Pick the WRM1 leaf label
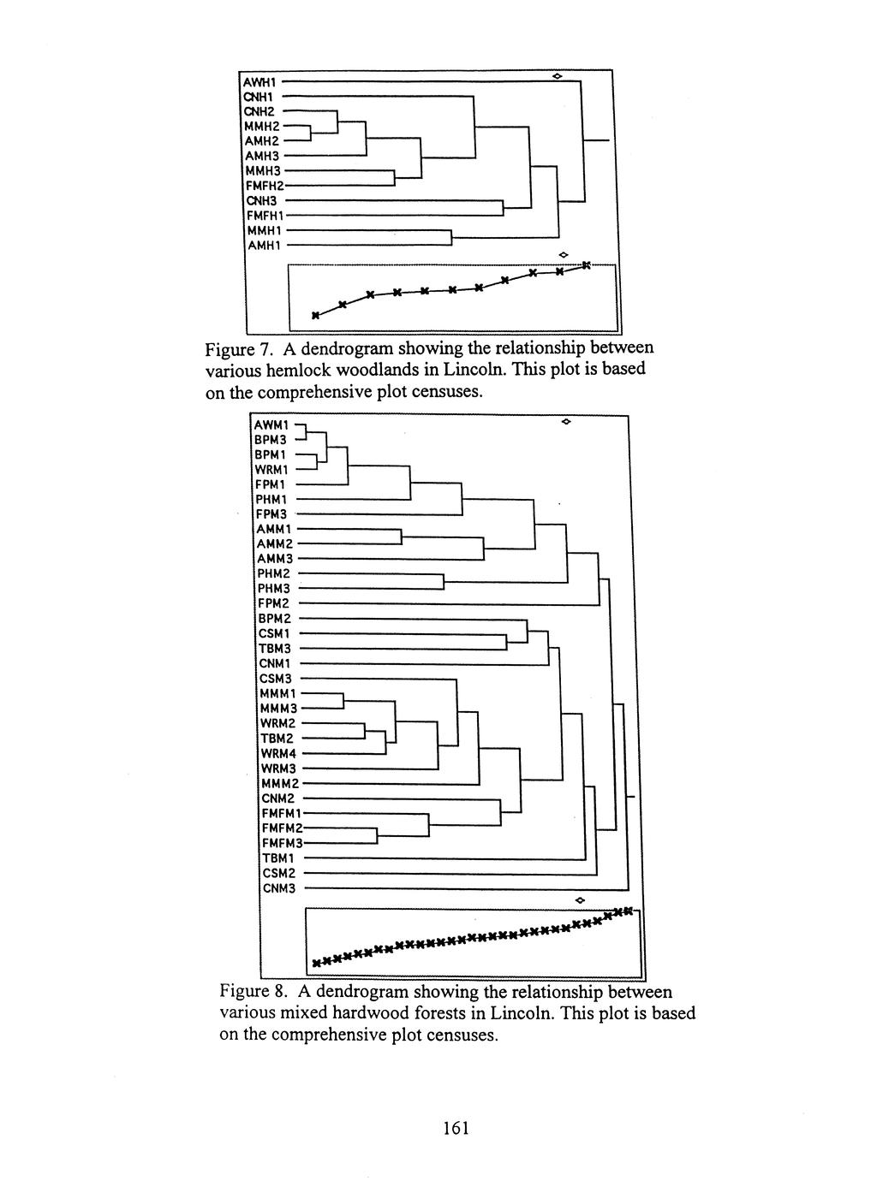[x=275, y=469]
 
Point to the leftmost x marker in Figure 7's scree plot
[x=315, y=316]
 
